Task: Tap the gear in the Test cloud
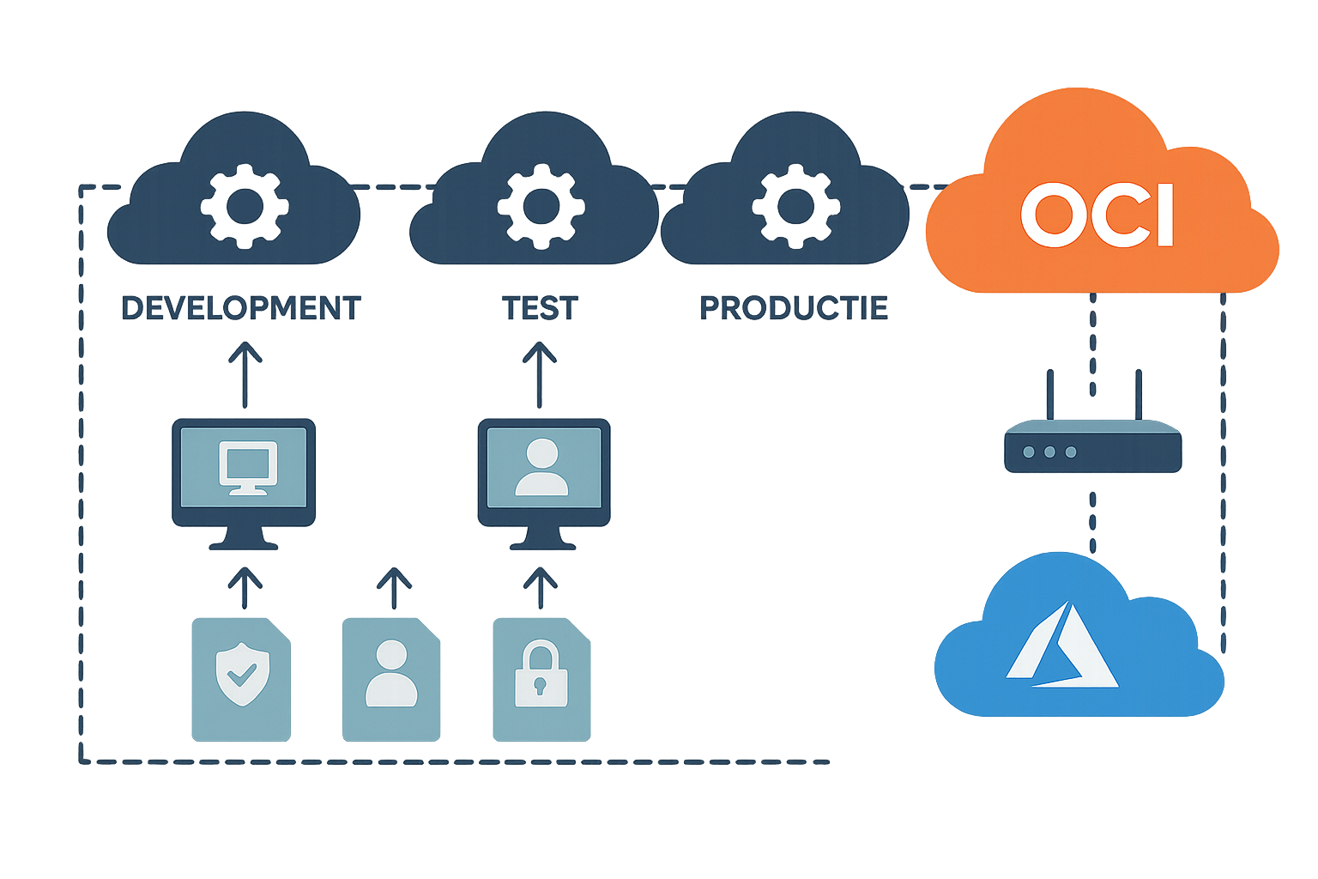coord(540,204)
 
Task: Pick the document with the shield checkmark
coord(241,678)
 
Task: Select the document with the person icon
coord(391,678)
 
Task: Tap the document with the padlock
coord(541,678)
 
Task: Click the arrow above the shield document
coord(245,588)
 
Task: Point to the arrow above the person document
coord(395,588)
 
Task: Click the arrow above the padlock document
coord(541,588)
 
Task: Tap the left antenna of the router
coord(1048,395)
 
